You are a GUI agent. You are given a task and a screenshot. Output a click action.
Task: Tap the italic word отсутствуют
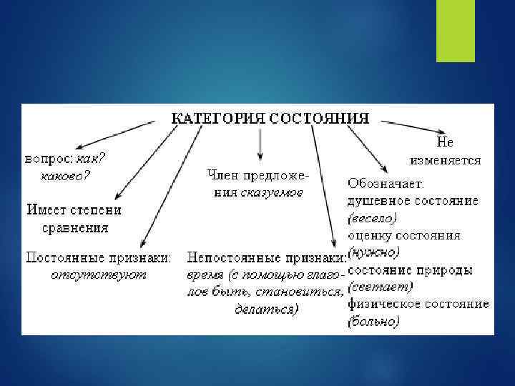click(99, 272)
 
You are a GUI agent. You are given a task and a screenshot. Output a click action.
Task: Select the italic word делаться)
click(267, 309)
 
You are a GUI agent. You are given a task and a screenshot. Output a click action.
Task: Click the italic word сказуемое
click(272, 192)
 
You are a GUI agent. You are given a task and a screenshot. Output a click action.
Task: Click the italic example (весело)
click(373, 217)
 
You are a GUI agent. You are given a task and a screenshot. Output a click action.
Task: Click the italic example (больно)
click(373, 322)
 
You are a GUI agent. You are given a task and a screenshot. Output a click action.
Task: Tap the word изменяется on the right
click(446, 159)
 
